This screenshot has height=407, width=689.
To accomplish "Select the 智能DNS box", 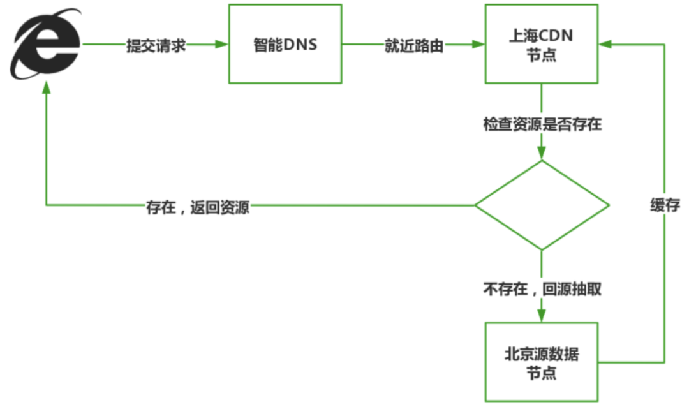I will click(285, 45).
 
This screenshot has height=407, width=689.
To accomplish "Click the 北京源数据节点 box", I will click(541, 362).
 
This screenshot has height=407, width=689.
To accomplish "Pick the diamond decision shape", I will click(542, 205).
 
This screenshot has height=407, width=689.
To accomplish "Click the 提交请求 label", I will click(156, 46).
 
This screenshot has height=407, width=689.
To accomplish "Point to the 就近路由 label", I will click(413, 46).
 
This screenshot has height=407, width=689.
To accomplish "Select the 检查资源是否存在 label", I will click(542, 124).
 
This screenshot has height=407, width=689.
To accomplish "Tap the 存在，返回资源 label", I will click(198, 207).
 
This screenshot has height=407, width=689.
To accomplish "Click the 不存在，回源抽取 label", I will click(542, 289).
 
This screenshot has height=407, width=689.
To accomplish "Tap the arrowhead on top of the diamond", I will click(542, 153).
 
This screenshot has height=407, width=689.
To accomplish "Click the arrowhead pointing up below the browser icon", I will click(46, 91).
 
